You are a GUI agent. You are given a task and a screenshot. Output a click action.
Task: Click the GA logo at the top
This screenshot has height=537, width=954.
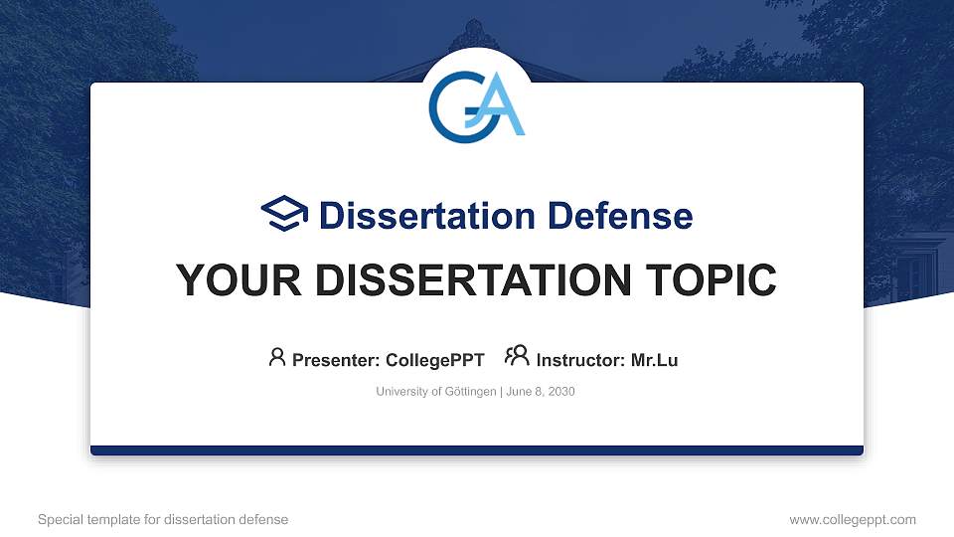pos(476,102)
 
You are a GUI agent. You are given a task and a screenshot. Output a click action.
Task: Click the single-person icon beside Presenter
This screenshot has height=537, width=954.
pos(277,356)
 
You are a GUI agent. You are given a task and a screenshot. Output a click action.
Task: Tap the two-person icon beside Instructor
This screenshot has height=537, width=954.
pos(517,356)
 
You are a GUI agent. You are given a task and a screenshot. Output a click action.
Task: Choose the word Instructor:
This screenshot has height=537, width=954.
pos(580,360)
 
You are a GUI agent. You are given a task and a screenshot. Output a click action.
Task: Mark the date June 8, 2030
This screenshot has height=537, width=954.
pos(541,392)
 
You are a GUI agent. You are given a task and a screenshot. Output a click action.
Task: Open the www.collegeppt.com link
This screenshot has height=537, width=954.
pos(852,519)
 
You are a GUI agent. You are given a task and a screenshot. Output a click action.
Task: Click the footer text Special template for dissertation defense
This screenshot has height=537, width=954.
pos(163,519)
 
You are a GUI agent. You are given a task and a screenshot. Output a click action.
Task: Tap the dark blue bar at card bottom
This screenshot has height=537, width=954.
pos(476,450)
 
